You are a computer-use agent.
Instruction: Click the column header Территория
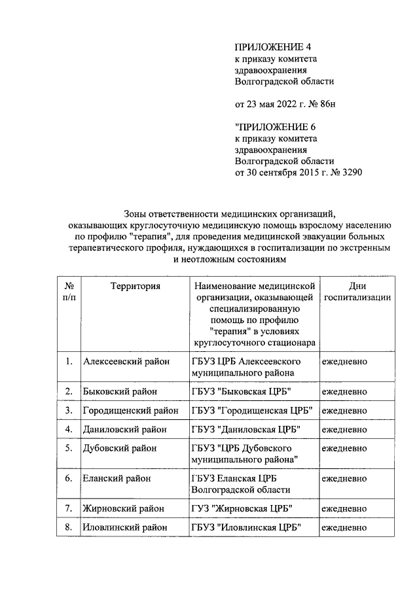click(x=136, y=286)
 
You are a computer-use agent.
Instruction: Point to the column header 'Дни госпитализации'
click(x=357, y=291)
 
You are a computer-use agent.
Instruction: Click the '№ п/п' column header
click(x=69, y=291)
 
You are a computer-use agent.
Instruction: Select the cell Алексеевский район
click(x=126, y=361)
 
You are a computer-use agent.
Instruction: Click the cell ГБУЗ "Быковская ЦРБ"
click(x=240, y=391)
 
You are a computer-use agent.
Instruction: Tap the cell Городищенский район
click(x=131, y=410)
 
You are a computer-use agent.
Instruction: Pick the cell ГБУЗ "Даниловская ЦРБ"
click(x=246, y=430)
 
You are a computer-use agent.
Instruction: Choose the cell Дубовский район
click(x=120, y=449)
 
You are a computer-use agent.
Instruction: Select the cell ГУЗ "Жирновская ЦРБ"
click(x=242, y=508)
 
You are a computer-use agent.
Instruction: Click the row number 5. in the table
click(x=69, y=449)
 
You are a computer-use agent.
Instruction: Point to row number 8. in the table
click(x=69, y=527)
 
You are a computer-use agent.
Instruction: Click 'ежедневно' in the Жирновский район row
click(x=344, y=508)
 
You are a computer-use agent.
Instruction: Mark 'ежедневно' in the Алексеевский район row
click(x=344, y=361)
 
